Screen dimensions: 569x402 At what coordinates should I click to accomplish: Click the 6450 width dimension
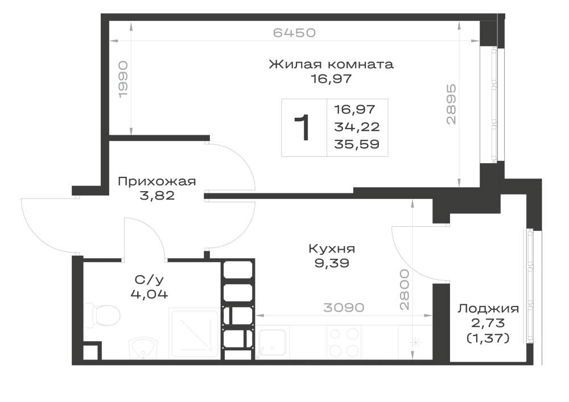[294, 32]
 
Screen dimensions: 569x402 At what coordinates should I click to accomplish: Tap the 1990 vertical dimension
[123, 79]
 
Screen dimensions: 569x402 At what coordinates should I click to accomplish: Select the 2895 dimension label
[451, 105]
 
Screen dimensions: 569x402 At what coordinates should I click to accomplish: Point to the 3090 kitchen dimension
[344, 308]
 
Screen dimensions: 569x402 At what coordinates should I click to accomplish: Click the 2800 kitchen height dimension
[404, 289]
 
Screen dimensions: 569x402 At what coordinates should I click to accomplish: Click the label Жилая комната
[331, 64]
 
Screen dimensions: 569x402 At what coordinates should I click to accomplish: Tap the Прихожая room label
[157, 181]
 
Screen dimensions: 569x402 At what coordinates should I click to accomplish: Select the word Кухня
[332, 248]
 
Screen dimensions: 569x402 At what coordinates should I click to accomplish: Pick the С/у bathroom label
[149, 280]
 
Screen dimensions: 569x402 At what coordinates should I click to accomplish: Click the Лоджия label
[488, 309]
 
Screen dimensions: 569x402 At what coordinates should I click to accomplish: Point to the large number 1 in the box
[302, 127]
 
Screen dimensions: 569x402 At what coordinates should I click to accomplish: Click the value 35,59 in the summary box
[357, 144]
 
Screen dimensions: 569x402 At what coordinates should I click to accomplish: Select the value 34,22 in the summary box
[357, 127]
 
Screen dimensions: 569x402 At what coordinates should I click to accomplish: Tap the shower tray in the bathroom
[194, 333]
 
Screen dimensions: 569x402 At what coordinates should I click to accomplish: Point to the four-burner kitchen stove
[344, 342]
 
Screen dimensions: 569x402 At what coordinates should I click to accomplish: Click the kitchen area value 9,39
[332, 263]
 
